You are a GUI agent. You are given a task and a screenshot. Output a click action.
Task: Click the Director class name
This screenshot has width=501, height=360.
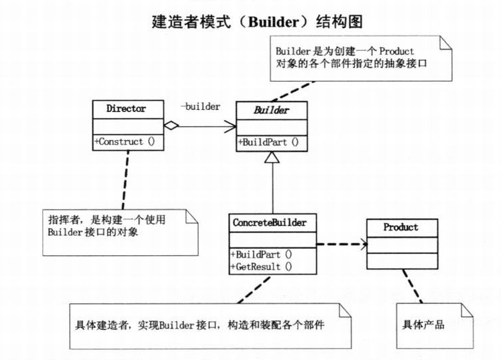(126, 108)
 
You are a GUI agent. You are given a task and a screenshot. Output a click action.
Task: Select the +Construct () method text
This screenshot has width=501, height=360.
(125, 141)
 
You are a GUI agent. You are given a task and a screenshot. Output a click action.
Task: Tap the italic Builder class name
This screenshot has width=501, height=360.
(270, 109)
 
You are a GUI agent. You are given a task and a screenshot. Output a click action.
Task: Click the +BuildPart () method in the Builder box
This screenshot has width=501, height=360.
(268, 142)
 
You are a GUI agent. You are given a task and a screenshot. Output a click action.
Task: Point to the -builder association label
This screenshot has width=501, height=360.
(200, 107)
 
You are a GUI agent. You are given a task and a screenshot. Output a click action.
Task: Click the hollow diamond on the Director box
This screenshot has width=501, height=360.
(171, 125)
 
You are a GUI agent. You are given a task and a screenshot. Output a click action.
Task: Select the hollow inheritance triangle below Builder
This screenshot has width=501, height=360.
(272, 157)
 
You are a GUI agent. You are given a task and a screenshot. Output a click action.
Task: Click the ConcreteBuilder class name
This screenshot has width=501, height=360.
(270, 221)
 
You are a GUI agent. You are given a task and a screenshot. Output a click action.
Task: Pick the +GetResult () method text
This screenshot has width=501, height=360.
(261, 267)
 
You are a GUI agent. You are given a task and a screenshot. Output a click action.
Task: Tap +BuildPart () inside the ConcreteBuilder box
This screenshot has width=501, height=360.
(261, 255)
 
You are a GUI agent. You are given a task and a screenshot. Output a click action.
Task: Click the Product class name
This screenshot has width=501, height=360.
(400, 227)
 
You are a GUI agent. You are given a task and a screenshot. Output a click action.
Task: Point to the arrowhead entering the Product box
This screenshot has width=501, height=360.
(363, 245)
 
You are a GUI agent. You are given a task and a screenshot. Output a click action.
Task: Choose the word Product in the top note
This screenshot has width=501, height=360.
(395, 50)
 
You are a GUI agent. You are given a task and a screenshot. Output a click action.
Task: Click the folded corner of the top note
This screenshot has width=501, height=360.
(445, 42)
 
